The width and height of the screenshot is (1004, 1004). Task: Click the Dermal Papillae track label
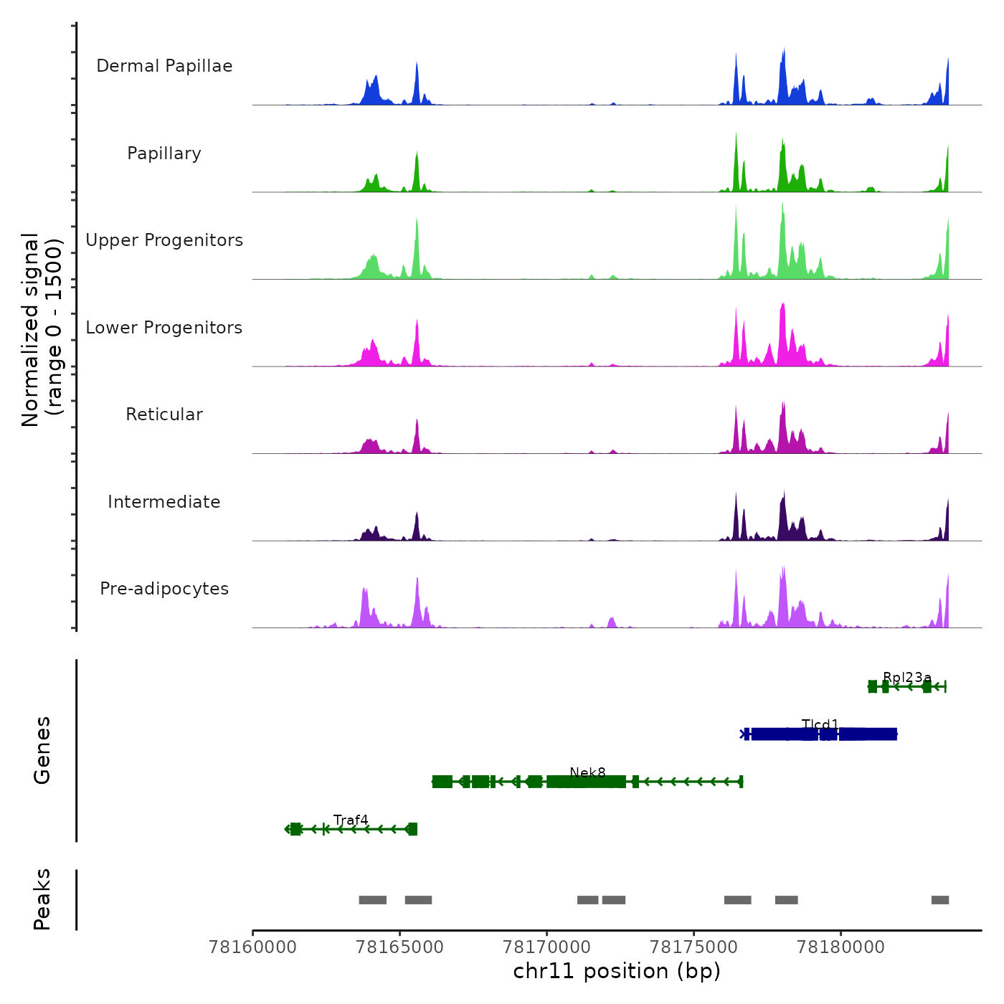pos(164,66)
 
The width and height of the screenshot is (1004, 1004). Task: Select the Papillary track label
pos(164,153)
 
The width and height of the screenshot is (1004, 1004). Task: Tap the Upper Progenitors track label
pos(164,240)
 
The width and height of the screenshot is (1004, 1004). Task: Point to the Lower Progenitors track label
pos(164,328)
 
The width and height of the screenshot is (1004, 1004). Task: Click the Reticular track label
pos(164,415)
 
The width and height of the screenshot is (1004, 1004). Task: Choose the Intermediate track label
pos(164,502)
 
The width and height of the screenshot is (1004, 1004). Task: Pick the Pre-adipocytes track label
pos(164,589)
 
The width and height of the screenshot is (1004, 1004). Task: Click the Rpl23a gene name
pos(907,678)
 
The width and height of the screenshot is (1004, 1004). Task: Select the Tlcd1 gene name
pos(820,724)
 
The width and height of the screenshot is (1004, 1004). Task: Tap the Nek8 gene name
pos(587,772)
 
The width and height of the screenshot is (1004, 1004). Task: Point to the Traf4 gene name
pos(351,820)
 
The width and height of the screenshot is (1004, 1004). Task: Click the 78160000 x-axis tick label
pos(252,947)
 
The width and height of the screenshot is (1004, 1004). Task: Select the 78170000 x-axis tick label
pos(546,947)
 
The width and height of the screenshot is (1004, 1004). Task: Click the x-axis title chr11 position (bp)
pos(617,972)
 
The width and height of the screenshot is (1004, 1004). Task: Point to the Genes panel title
pos(42,750)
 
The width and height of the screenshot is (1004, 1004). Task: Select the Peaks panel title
pos(42,899)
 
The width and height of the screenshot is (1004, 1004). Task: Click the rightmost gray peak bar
pos(940,900)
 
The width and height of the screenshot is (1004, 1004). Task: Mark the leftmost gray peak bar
pos(372,900)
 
